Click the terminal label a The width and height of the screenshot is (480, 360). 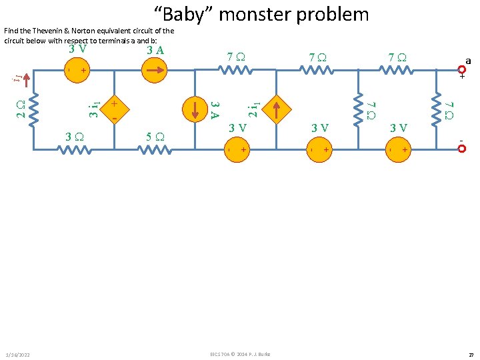(468, 61)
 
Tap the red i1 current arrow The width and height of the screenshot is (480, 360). (26, 78)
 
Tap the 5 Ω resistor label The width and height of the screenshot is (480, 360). (154, 137)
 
